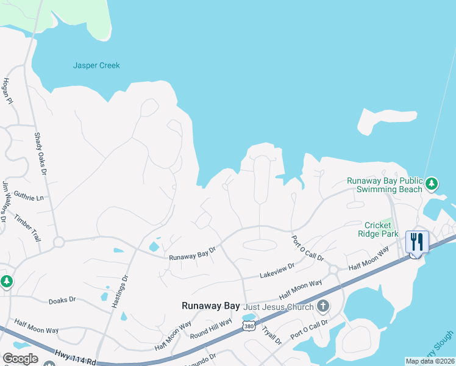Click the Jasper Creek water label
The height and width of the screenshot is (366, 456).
pos(96,65)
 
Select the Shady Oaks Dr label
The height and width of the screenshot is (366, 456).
pos(41,150)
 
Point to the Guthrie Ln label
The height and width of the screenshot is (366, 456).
pos(28,198)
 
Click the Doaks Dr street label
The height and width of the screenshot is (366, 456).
pos(62,300)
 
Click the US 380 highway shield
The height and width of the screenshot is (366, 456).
pos(248,327)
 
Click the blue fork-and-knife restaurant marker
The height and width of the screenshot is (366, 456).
pos(417,242)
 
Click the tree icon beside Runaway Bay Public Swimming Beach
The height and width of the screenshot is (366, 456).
pos(432,183)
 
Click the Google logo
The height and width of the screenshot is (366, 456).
pos(20,359)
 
